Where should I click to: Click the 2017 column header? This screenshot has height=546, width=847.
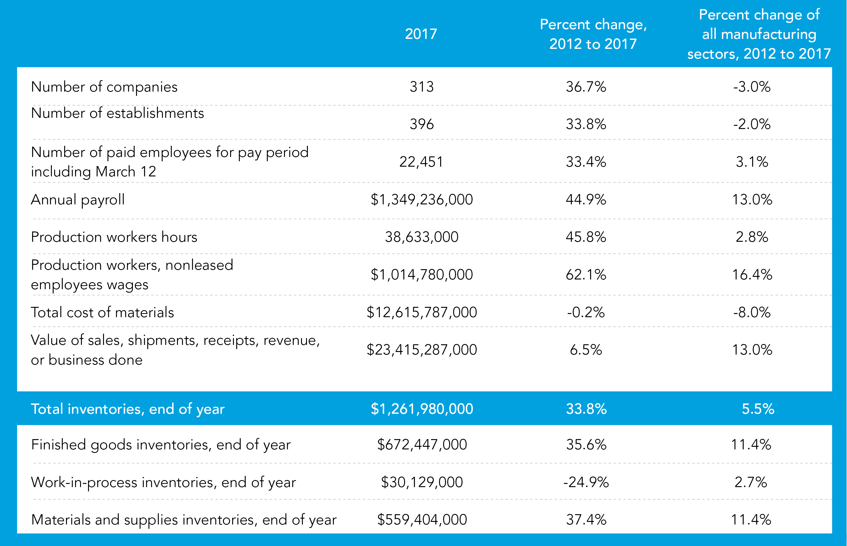[421, 34]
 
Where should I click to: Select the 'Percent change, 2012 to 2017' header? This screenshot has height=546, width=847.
[593, 34]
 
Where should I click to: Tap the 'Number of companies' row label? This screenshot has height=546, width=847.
[104, 87]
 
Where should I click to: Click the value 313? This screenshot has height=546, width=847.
[421, 87]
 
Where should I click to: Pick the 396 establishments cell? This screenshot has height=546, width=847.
[421, 124]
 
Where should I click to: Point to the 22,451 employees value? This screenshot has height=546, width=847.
[421, 162]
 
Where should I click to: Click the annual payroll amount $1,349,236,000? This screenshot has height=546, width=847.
[421, 200]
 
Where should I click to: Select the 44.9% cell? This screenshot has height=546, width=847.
[586, 200]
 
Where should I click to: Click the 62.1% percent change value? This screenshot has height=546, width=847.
[586, 275]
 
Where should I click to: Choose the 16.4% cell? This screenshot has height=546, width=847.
[752, 275]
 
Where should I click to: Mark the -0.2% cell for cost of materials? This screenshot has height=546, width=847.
[586, 312]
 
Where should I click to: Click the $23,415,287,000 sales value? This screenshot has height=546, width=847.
[421, 350]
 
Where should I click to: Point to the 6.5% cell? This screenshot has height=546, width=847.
[586, 350]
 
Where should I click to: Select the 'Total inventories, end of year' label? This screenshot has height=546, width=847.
[128, 409]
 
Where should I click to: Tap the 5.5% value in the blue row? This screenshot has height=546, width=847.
[758, 409]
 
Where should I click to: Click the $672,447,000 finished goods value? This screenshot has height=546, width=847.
[421, 445]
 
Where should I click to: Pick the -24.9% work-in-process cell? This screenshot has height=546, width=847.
[586, 482]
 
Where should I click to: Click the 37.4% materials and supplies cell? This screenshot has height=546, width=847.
[586, 520]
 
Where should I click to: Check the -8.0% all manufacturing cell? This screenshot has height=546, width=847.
[752, 312]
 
